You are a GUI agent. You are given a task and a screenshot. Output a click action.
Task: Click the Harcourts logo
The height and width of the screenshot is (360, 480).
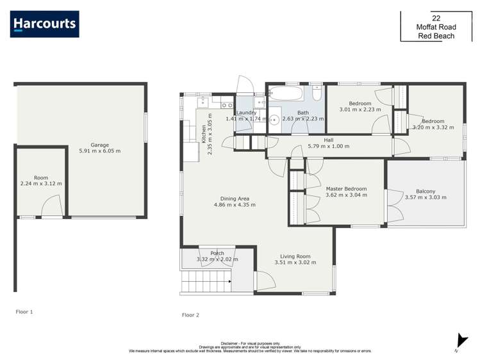[45, 24]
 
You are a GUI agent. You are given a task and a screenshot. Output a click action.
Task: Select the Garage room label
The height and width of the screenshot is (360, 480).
[99, 144]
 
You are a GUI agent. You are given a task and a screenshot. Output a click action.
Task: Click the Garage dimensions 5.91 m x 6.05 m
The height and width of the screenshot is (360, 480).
[99, 151]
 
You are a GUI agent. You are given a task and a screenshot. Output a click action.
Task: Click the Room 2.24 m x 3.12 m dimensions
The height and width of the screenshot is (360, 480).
[41, 184]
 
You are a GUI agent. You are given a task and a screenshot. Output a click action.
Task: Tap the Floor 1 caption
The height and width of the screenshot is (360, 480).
[24, 312]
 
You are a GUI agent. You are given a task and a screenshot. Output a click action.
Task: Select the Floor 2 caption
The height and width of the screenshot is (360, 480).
[190, 315]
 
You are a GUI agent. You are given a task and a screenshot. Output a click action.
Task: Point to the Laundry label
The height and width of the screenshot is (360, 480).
[246, 113]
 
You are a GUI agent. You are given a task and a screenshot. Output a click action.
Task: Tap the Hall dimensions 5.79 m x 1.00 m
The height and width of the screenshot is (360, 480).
[328, 146]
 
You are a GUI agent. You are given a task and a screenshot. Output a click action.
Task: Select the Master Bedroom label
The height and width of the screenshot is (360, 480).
[346, 189]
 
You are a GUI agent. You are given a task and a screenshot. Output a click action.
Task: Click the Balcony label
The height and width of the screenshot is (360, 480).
[425, 191]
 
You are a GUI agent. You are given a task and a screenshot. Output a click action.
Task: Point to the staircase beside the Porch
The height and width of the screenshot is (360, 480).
[205, 281]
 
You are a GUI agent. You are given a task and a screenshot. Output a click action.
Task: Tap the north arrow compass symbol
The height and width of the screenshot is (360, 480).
[459, 340]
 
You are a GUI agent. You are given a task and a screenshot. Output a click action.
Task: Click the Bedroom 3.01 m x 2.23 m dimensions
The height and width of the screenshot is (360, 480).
[360, 110]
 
